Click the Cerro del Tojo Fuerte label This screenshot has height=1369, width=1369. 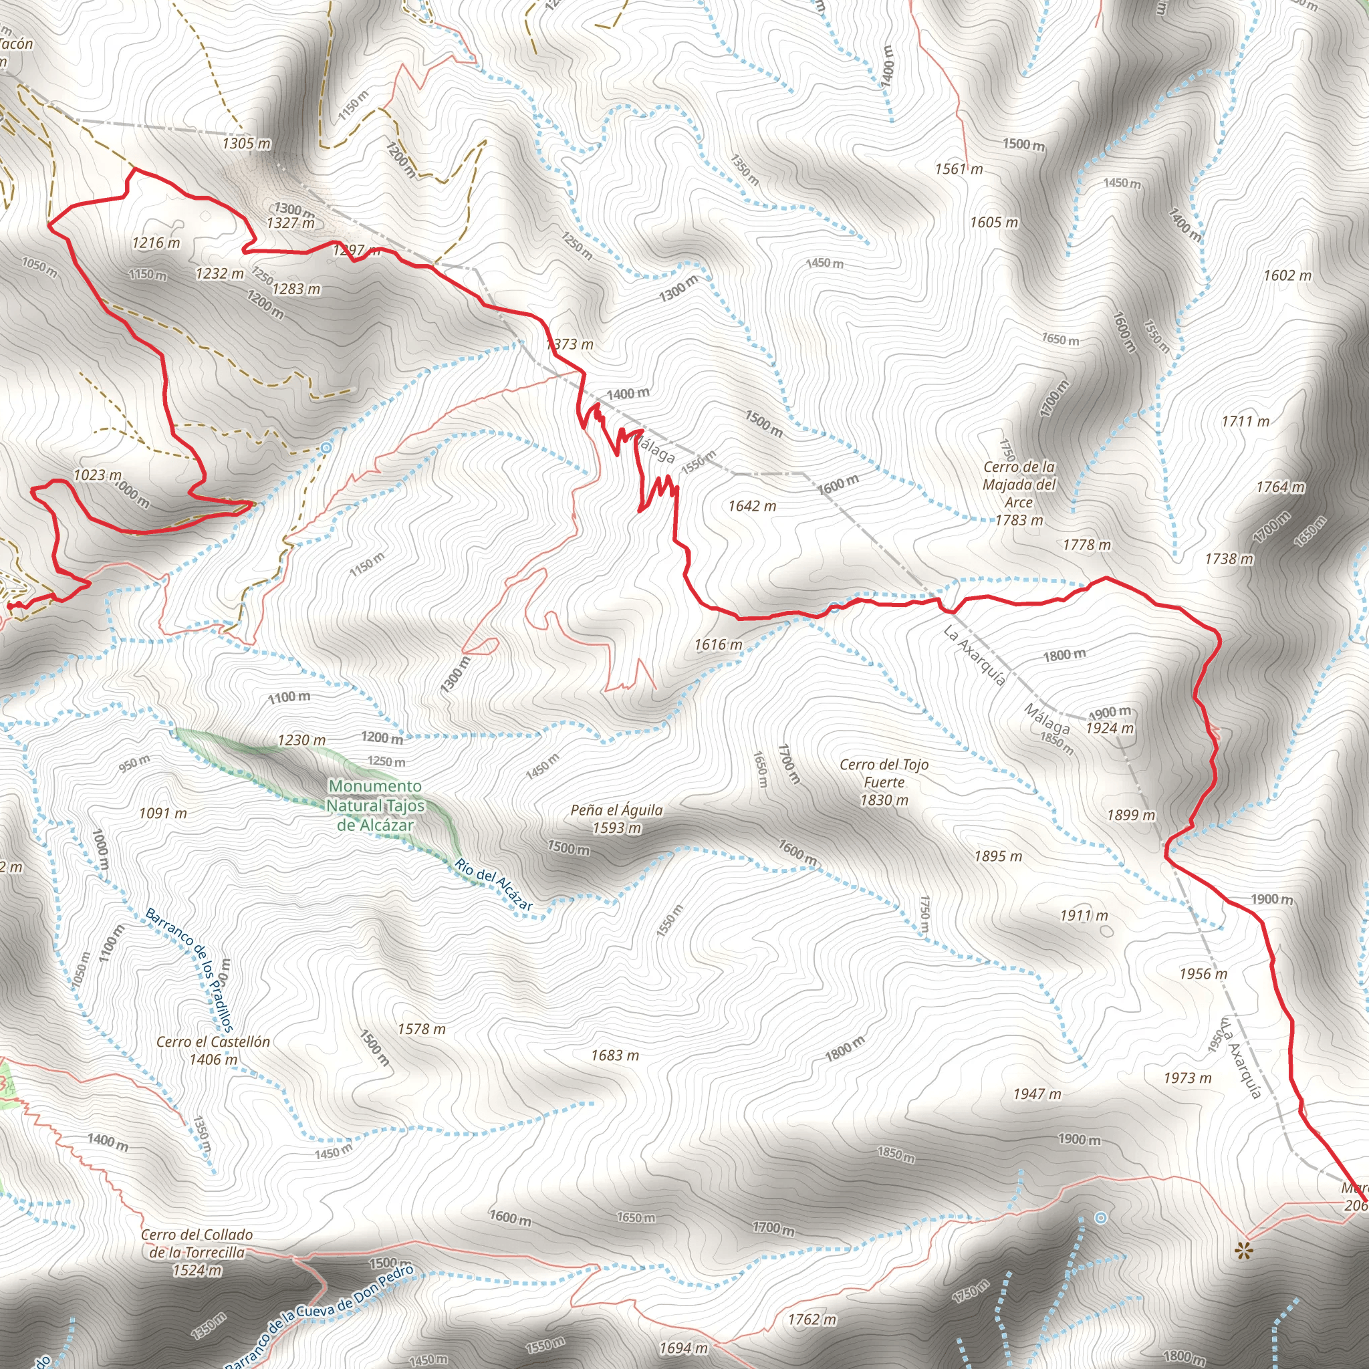(x=884, y=782)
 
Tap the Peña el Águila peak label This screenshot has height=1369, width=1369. (x=616, y=818)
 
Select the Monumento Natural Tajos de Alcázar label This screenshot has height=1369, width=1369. (x=376, y=805)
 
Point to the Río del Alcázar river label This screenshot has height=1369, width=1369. (x=493, y=884)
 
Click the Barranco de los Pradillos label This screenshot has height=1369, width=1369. (x=189, y=970)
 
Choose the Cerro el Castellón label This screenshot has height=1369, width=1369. (x=213, y=1050)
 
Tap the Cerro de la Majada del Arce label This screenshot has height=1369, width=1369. (x=1019, y=493)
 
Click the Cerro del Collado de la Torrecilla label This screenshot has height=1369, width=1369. (x=197, y=1253)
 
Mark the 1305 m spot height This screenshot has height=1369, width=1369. (x=247, y=144)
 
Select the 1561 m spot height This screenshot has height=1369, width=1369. (x=959, y=168)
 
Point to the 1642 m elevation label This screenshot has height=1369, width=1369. (x=752, y=506)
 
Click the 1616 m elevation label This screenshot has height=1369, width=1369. (x=719, y=644)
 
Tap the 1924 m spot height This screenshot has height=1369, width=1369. (x=1110, y=729)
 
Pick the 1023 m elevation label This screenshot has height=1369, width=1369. (x=98, y=475)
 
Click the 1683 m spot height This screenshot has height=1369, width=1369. (x=615, y=1055)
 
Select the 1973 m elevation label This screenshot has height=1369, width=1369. (x=1188, y=1078)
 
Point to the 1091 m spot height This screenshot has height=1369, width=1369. (x=163, y=814)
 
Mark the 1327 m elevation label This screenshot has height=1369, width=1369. (x=291, y=223)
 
